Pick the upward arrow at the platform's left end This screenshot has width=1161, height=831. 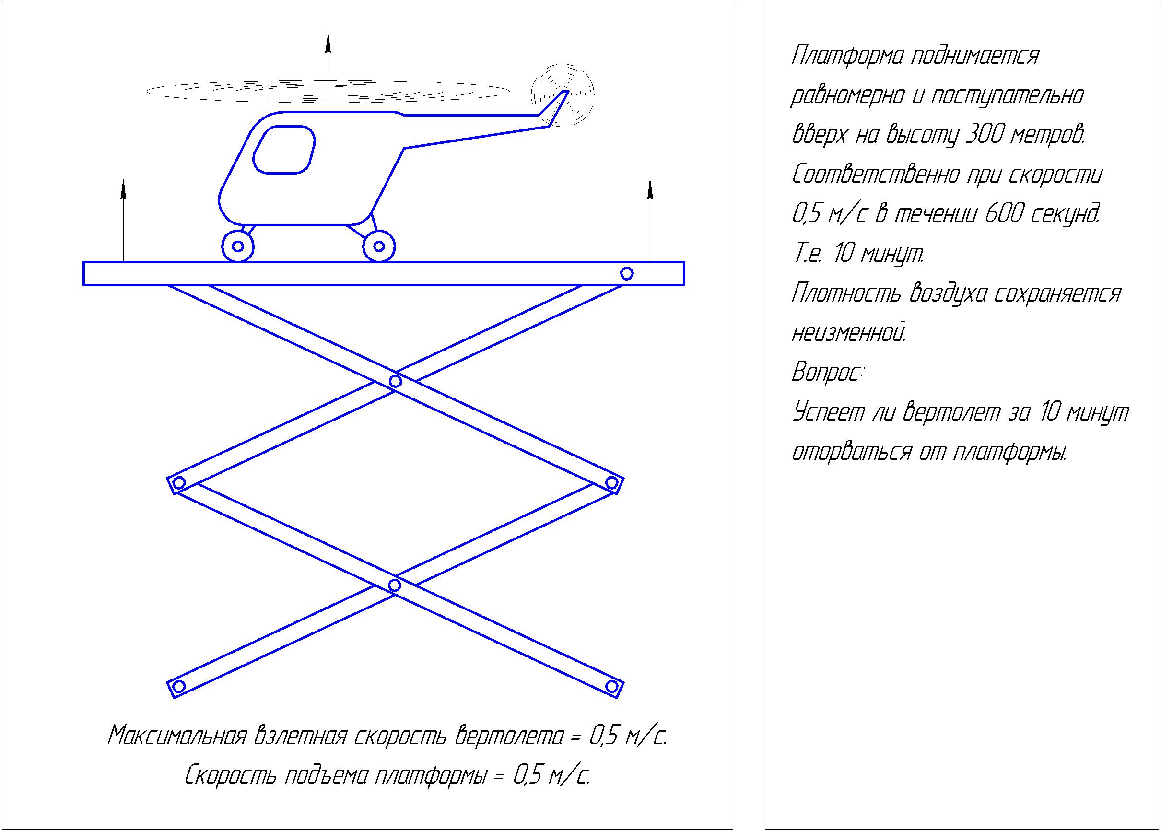tap(123, 220)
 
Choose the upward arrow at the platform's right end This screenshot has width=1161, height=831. tap(650, 220)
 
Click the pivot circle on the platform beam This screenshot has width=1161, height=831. tap(627, 274)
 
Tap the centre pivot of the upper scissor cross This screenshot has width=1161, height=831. tap(395, 381)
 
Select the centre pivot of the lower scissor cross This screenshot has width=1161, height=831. tap(395, 585)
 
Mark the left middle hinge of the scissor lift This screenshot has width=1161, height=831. tap(178, 482)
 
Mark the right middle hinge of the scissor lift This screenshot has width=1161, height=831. tap(611, 482)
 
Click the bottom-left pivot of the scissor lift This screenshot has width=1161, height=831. tap(178, 686)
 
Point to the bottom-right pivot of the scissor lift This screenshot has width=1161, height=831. tap(611, 686)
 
